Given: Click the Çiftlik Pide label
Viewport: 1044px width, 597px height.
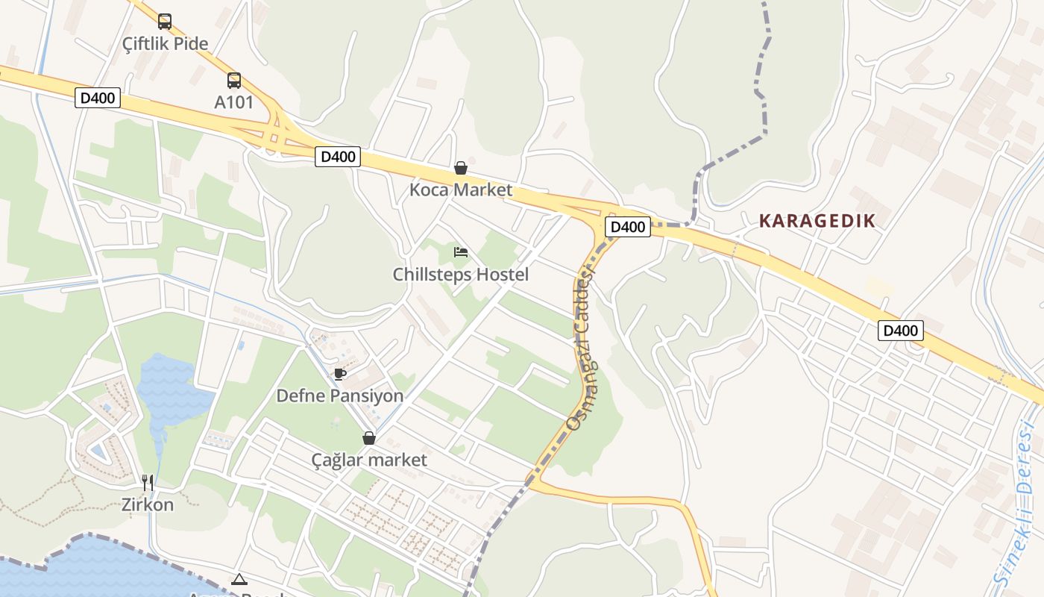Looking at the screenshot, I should click(166, 43).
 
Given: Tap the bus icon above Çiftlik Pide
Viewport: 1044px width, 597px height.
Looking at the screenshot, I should click(165, 22).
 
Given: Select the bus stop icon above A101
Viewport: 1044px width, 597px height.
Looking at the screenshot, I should click(234, 81).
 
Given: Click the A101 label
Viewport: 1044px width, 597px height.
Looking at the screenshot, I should click(234, 102).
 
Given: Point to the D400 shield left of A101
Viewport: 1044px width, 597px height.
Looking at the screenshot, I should click(98, 98).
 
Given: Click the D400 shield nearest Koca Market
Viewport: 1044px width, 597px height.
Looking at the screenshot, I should click(338, 157).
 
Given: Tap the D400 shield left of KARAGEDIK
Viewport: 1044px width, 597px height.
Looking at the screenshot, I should click(627, 227).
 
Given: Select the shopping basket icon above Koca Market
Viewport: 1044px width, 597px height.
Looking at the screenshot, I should click(461, 168).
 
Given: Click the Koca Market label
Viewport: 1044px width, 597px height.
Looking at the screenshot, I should click(461, 190).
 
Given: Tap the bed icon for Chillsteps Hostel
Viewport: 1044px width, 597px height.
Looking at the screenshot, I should click(461, 252).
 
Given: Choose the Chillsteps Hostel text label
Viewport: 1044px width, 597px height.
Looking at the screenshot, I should click(461, 275).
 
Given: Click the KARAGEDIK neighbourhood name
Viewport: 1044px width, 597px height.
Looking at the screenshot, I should click(817, 221).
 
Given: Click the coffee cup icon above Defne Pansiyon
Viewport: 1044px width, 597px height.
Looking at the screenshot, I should click(340, 374).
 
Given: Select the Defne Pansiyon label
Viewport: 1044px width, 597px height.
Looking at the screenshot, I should click(340, 396).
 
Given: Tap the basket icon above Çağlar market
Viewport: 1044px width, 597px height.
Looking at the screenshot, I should click(369, 438).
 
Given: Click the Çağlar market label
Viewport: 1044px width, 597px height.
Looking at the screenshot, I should click(369, 460).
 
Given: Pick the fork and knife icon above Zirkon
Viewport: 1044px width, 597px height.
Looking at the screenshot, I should click(148, 483).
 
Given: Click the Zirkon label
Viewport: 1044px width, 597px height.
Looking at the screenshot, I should click(148, 504).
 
